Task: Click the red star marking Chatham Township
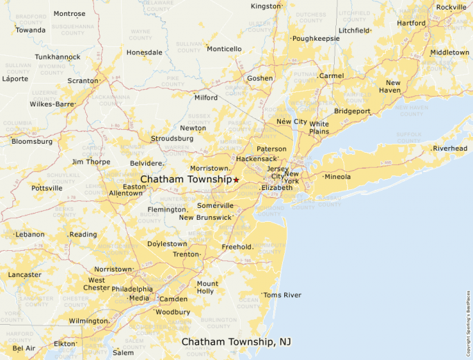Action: [x=236, y=180]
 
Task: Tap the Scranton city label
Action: [x=82, y=80]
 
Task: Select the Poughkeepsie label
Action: [x=316, y=39]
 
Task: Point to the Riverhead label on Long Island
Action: [x=450, y=149]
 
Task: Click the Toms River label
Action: [x=282, y=295]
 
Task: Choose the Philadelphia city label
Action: [x=132, y=289]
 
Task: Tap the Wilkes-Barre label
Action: [x=52, y=104]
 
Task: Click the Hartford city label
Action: [x=411, y=23]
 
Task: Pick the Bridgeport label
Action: [x=352, y=111]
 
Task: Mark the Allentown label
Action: [x=125, y=193]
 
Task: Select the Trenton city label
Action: [x=186, y=254]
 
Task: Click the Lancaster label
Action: [x=24, y=274]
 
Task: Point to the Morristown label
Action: [x=209, y=169]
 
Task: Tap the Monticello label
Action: [x=224, y=49]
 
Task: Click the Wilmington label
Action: [x=88, y=321]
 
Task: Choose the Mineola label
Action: [x=337, y=177]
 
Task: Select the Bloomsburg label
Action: [x=32, y=142]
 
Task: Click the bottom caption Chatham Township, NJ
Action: [x=236, y=342]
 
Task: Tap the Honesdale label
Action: [x=144, y=53]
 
